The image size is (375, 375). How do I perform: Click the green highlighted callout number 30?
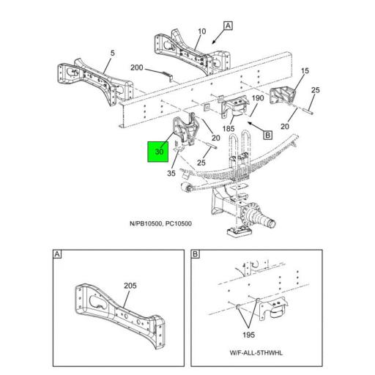point(159,152)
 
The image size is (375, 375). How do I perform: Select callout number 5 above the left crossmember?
point(112,53)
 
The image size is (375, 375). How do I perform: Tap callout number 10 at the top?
point(201,31)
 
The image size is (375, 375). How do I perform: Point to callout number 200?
point(137,68)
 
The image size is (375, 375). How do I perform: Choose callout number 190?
point(258,97)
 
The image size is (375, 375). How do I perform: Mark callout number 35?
point(171,174)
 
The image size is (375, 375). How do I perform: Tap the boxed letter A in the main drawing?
point(228,26)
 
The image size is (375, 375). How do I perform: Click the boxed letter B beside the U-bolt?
point(267,135)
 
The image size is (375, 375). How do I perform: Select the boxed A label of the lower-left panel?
point(57,254)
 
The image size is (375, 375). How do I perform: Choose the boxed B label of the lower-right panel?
point(196,254)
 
